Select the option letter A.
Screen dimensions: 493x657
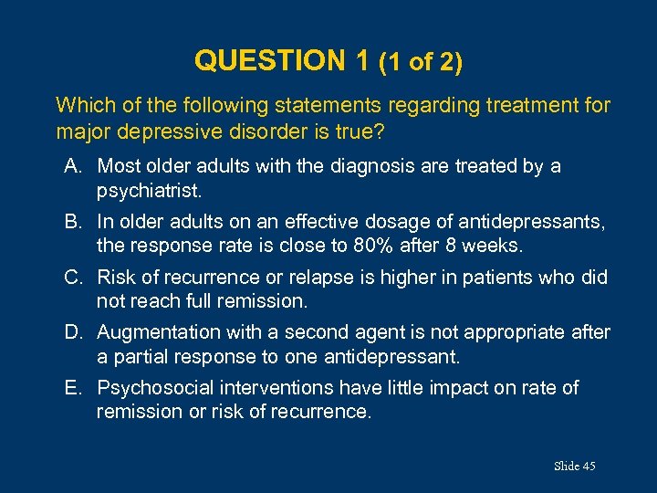[72, 166]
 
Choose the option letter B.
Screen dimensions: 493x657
[72, 222]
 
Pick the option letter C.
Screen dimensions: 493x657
[72, 278]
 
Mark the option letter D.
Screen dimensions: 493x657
[72, 332]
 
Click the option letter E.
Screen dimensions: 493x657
[72, 388]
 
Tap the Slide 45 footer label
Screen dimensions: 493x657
[574, 467]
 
